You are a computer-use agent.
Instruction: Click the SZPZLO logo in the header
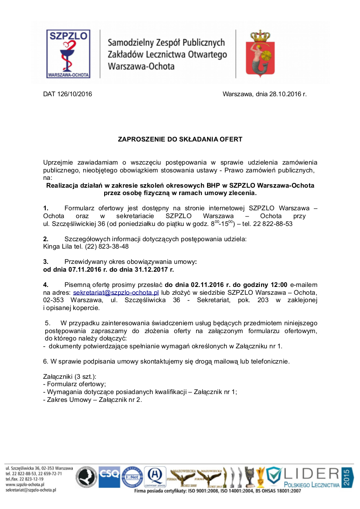68,54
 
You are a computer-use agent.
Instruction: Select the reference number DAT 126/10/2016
68,94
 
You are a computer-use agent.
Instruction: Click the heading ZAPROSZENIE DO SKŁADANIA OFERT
180,139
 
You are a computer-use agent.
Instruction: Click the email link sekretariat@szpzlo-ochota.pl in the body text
116,293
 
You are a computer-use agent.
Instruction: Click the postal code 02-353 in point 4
53,300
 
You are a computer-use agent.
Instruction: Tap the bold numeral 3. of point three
46,262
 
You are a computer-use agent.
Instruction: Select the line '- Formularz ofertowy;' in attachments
75,384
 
